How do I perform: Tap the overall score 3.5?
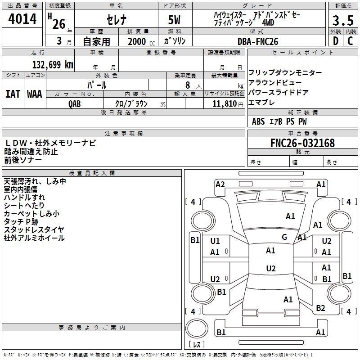point(342,21)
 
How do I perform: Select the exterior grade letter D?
point(335,41)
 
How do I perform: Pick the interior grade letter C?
point(350,41)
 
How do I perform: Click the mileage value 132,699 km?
point(53,65)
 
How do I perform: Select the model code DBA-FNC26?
point(258,41)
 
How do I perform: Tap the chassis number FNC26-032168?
point(302,143)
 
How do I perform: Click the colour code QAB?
point(75,103)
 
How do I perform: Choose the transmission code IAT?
point(13,94)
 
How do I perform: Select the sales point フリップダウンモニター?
point(285,73)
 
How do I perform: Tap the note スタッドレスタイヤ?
point(34,229)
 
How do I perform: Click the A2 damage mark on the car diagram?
point(220,184)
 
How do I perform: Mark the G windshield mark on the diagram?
point(284,237)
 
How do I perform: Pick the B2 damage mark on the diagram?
point(320,308)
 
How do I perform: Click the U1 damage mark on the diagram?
point(215,241)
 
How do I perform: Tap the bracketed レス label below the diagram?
point(197,345)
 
